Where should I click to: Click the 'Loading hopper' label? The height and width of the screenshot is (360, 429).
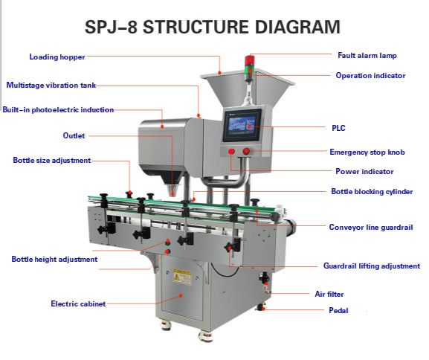click(x=57, y=57)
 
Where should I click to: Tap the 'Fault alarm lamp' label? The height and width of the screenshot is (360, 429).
click(x=367, y=56)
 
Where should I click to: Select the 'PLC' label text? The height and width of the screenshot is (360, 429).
click(x=338, y=128)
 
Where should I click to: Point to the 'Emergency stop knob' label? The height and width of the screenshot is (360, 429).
click(x=367, y=152)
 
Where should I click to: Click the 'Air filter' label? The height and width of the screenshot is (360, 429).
click(x=329, y=295)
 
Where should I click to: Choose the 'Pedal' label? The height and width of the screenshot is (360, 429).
click(x=338, y=310)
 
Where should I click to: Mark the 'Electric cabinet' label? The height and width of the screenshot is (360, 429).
click(x=78, y=303)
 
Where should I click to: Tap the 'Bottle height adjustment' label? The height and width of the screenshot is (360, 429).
click(x=54, y=260)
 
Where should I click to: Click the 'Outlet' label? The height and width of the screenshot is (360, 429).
click(x=74, y=136)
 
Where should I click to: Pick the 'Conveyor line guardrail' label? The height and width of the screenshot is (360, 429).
click(x=371, y=227)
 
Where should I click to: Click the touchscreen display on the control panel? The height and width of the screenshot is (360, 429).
click(x=242, y=126)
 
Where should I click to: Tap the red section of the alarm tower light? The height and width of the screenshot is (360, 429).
click(x=250, y=60)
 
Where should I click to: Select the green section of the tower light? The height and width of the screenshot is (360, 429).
click(x=250, y=68)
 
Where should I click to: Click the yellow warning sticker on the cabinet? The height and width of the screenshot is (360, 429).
click(x=182, y=277)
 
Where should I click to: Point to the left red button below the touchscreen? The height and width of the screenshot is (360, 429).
click(x=231, y=151)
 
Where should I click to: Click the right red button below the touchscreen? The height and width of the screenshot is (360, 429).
click(x=246, y=151)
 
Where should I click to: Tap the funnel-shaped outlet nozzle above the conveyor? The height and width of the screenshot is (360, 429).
click(x=172, y=190)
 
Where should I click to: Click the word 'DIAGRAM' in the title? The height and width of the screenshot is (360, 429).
click(x=297, y=27)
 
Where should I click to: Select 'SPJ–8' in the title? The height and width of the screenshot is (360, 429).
click(x=111, y=27)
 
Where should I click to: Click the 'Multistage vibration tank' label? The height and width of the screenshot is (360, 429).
click(x=51, y=85)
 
